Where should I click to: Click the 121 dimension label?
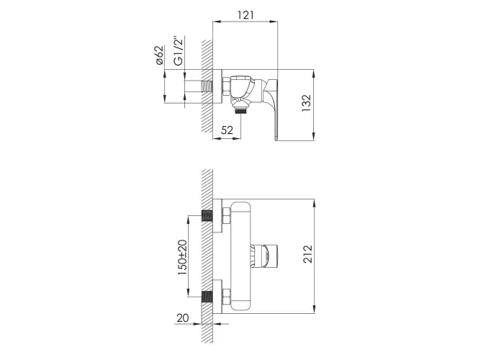[x=246, y=15]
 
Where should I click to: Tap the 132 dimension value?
[x=307, y=103]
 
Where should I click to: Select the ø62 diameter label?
[x=160, y=55]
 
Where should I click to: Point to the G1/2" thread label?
[x=178, y=50]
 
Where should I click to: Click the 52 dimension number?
[x=227, y=130]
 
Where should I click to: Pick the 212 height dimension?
[x=307, y=254]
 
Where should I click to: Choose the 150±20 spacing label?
[x=182, y=257]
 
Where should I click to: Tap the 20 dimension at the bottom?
[x=183, y=318]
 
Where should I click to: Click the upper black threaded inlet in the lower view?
[x=207, y=216]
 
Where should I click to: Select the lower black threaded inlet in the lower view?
[x=207, y=297]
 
